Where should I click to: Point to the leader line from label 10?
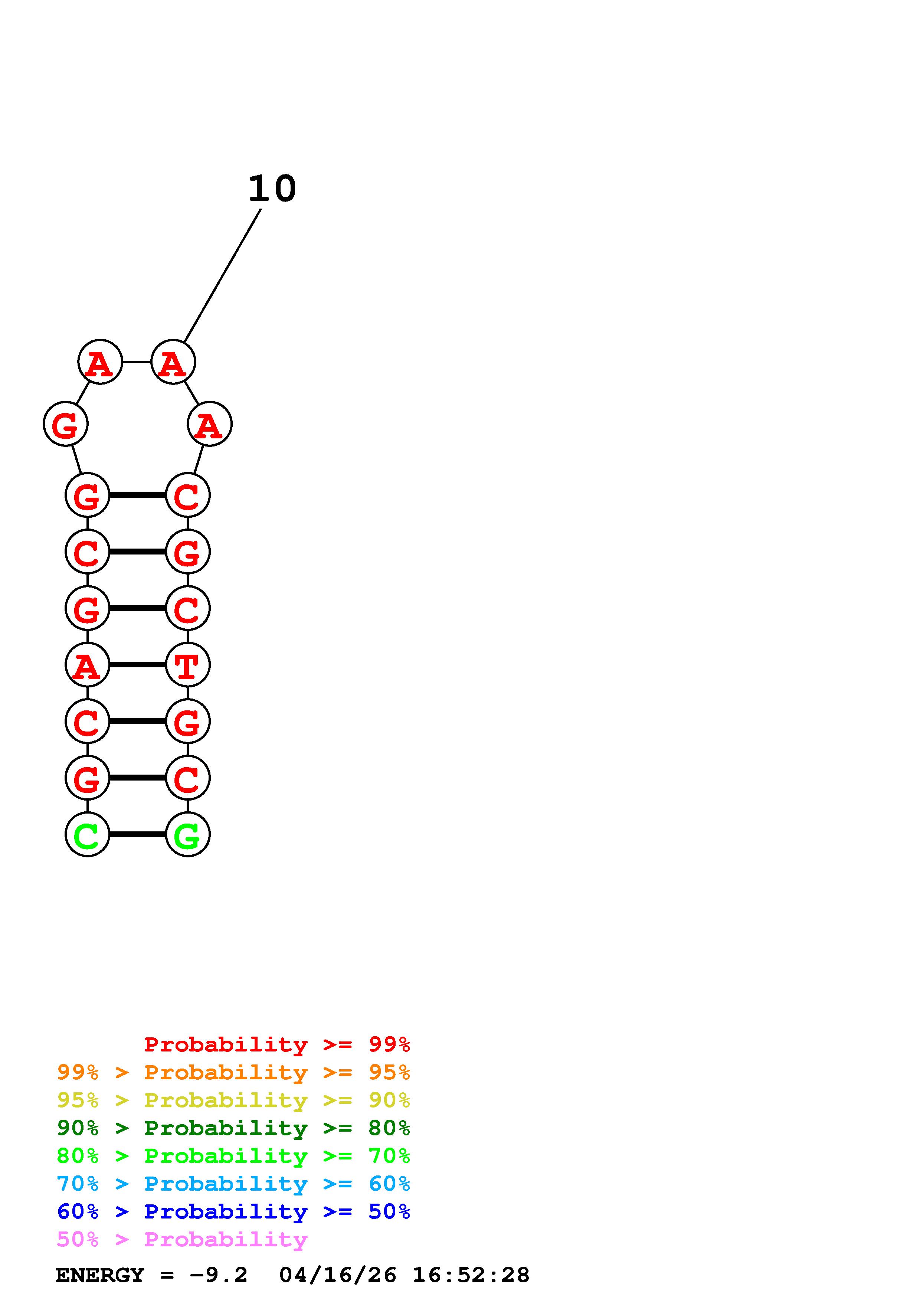223,276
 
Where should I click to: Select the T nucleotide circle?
188,665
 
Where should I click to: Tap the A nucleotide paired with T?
87,665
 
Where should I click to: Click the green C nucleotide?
87,834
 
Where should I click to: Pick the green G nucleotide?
188,834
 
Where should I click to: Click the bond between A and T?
137,665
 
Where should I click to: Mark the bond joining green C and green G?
137,834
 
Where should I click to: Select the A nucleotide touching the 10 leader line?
173,362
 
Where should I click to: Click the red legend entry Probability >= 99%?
277,1044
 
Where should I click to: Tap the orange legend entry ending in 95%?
233,1072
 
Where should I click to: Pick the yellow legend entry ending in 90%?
233,1100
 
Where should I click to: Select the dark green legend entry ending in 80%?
233,1128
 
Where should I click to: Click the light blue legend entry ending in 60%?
233,1184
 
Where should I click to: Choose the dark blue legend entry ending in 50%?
233,1211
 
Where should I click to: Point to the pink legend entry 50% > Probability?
182,1239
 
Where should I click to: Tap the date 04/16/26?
338,1275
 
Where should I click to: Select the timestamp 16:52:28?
471,1275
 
